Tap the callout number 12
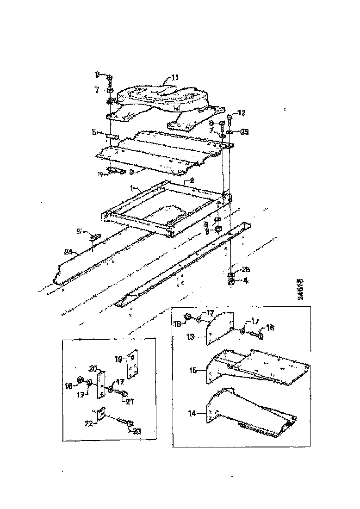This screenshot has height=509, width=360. click(x=242, y=112)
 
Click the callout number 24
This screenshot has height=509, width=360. click(x=68, y=252)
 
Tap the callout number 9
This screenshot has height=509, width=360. click(x=207, y=230)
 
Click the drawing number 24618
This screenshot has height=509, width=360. click(x=300, y=289)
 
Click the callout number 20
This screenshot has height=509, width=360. click(x=92, y=369)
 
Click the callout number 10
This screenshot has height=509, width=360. click(x=99, y=174)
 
